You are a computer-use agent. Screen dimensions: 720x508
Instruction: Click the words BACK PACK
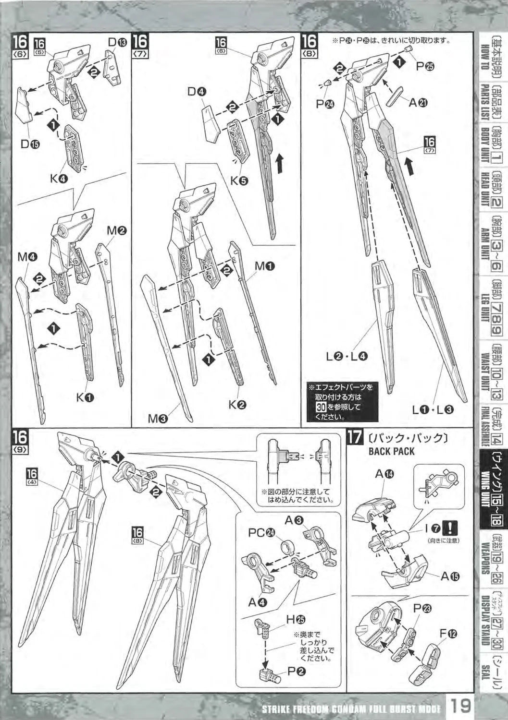click(391, 451)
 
